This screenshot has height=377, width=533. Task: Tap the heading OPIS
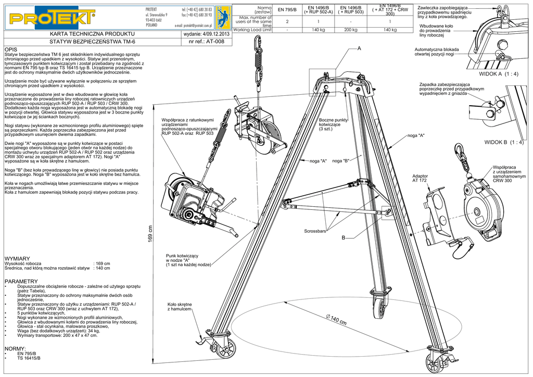tap(10, 49)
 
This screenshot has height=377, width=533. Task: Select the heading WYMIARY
tap(17, 258)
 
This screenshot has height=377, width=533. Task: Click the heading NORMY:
tap(15, 348)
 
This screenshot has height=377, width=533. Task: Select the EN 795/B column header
tap(288, 10)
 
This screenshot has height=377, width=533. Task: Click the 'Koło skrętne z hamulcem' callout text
tap(180, 306)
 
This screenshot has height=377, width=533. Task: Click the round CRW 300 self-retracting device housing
tap(480, 210)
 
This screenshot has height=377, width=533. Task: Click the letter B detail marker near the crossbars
tap(344, 238)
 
